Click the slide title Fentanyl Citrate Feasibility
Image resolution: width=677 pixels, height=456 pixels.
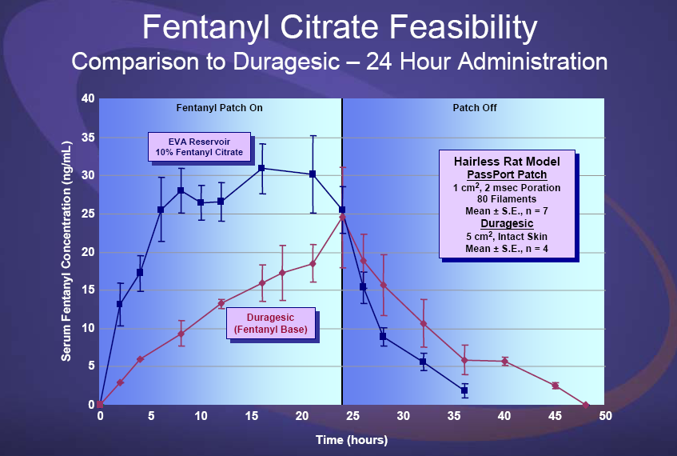[339, 28]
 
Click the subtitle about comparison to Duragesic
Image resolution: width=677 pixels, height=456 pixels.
[339, 61]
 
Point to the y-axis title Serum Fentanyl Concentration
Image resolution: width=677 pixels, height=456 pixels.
[67, 252]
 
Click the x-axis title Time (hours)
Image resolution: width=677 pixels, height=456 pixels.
[352, 440]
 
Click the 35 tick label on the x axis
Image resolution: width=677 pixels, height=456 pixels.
[454, 417]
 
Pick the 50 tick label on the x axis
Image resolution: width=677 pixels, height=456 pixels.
[605, 417]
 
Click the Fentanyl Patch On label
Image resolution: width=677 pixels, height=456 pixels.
[219, 108]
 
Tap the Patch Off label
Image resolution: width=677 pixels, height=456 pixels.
[475, 108]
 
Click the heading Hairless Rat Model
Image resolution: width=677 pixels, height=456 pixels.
[508, 162]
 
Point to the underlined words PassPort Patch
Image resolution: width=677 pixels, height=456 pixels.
[508, 174]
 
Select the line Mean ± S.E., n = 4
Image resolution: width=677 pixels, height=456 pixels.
[508, 250]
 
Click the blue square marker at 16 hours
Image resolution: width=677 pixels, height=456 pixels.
[261, 168]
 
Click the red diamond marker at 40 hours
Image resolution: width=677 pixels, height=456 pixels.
[504, 362]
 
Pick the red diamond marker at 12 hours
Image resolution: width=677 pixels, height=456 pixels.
[221, 303]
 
